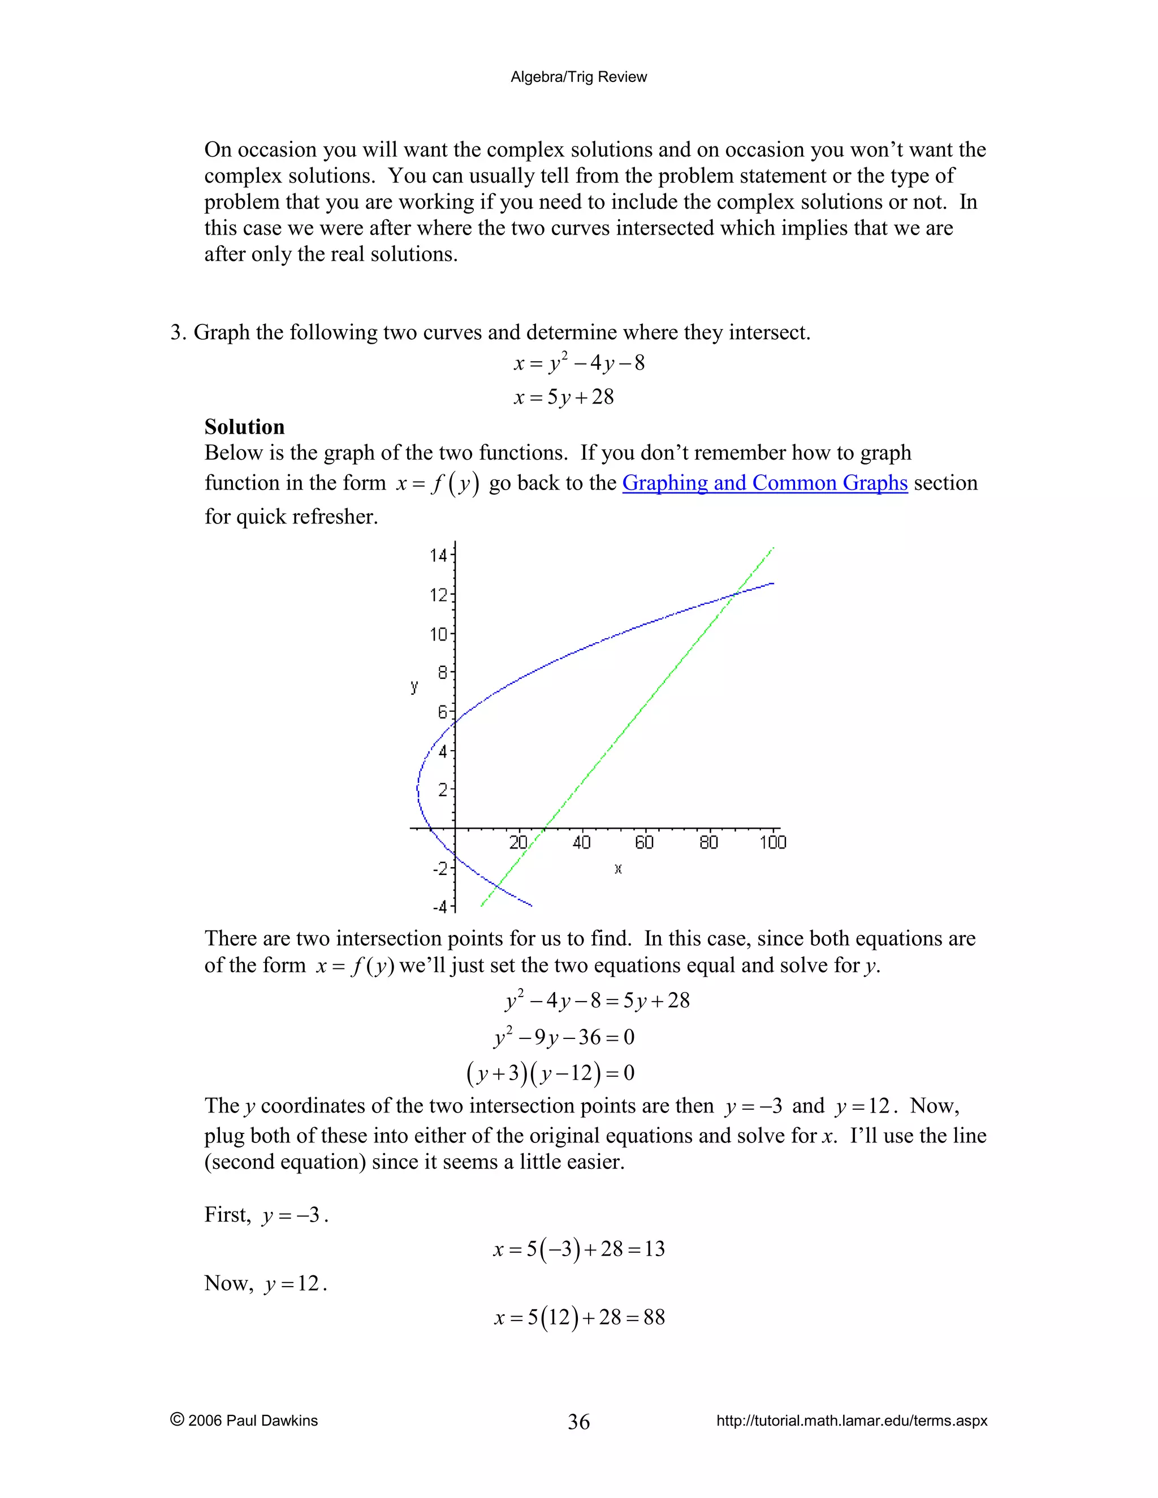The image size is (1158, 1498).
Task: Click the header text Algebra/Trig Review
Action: click(x=578, y=77)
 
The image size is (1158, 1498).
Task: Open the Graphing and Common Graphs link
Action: click(x=764, y=483)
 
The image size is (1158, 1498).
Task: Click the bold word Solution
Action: click(x=244, y=427)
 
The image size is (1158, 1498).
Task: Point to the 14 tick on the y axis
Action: click(x=438, y=555)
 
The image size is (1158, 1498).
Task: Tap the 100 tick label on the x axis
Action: click(x=772, y=842)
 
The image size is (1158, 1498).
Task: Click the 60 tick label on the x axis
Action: click(x=644, y=842)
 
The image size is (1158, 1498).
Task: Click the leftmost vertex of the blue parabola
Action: click(x=418, y=789)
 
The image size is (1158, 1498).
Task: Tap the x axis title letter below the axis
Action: click(x=618, y=869)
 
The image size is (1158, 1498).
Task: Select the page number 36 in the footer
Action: click(x=578, y=1421)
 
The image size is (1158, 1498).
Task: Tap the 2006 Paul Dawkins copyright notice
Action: click(x=244, y=1421)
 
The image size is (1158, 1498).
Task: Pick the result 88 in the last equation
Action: click(x=654, y=1318)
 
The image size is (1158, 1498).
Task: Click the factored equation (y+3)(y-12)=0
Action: click(x=550, y=1073)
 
